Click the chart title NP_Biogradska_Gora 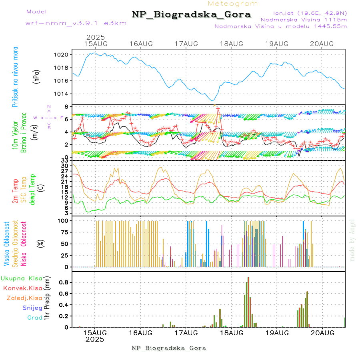pos(191,15)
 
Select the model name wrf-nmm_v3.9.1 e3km pos(76,23)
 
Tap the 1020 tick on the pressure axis pos(64,54)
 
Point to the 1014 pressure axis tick pos(64,94)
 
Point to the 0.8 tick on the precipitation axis pos(64,282)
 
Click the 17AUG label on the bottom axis pos(186,333)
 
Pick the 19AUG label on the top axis pos(277,44)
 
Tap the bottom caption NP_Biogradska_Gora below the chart pos(169,348)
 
